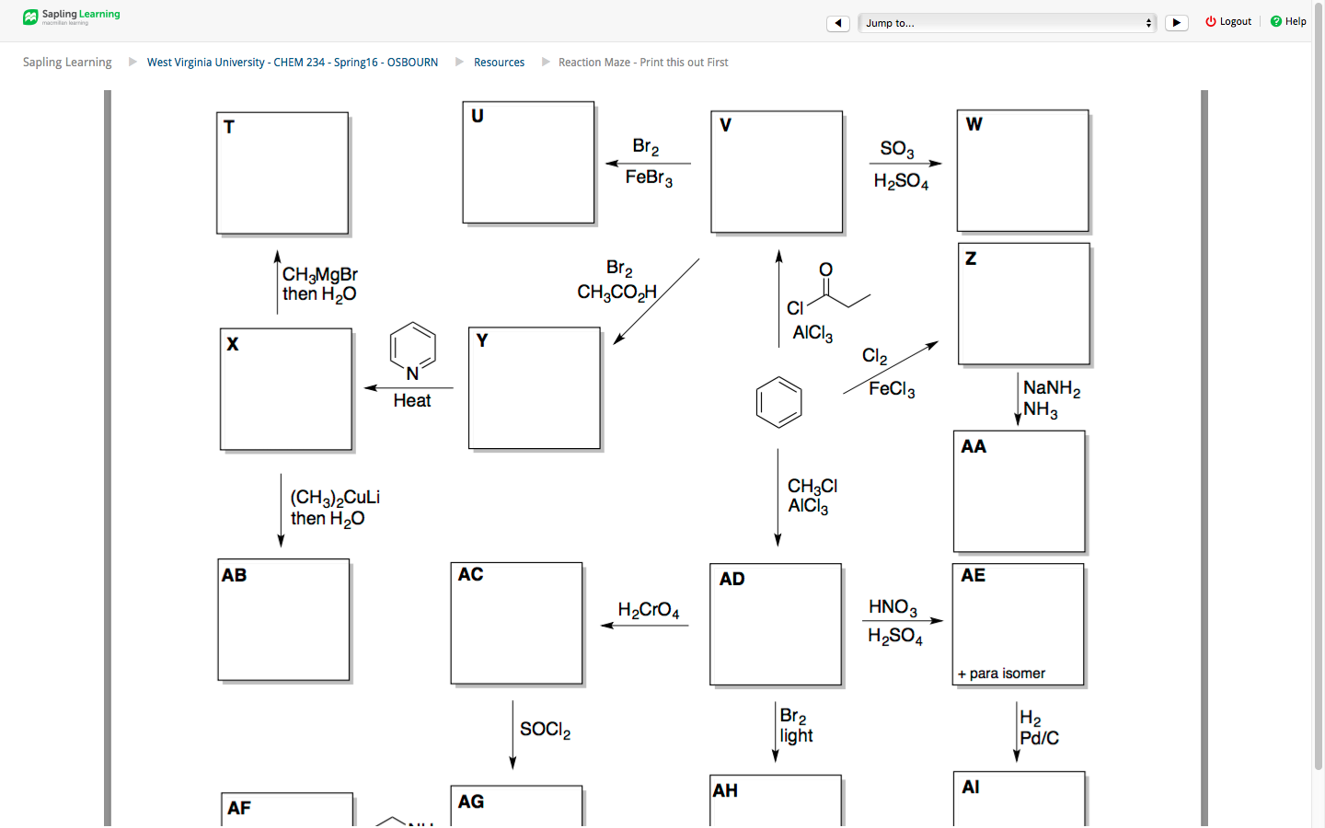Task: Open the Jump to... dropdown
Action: pyautogui.click(x=1007, y=23)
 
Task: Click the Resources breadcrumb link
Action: pyautogui.click(x=499, y=63)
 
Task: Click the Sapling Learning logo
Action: pyautogui.click(x=72, y=17)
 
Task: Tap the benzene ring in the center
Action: pyautogui.click(x=778, y=402)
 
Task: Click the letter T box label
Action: pyautogui.click(x=229, y=127)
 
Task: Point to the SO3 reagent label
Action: pyautogui.click(x=897, y=148)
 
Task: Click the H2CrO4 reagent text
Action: pyautogui.click(x=649, y=610)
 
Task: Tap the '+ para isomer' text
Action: pyautogui.click(x=1001, y=673)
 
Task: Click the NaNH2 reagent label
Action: pyautogui.click(x=1052, y=388)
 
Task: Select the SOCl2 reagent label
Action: pyautogui.click(x=545, y=730)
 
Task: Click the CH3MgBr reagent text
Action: pyautogui.click(x=319, y=274)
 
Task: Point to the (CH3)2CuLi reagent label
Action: pyautogui.click(x=335, y=498)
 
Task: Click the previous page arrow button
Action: pyautogui.click(x=837, y=23)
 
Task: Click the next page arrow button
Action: pyautogui.click(x=1176, y=23)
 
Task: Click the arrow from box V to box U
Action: pyautogui.click(x=648, y=164)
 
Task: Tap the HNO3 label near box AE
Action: pyautogui.click(x=893, y=607)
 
